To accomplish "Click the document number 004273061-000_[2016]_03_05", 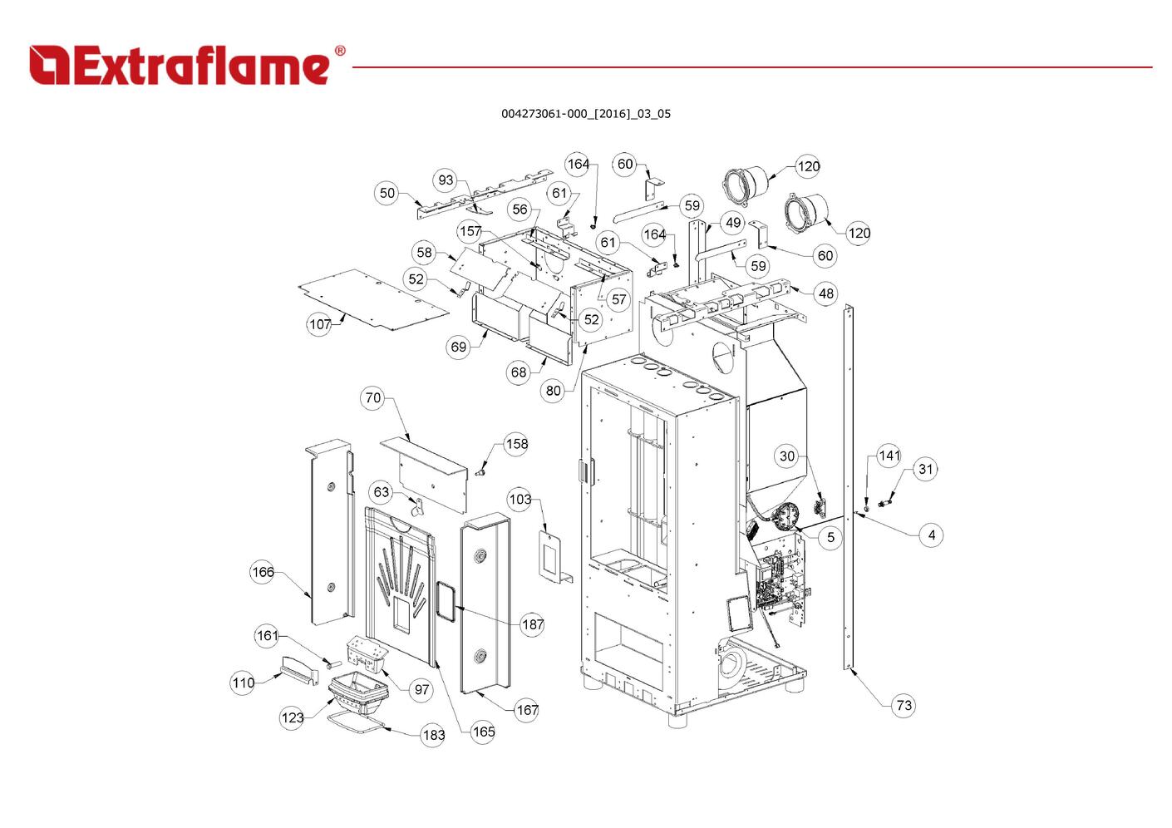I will (585, 114).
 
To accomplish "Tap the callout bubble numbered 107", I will (320, 324).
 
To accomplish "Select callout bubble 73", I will (904, 706).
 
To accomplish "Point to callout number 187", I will (533, 623).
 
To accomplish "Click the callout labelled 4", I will (931, 535).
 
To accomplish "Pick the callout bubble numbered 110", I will (243, 683).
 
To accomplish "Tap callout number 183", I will (433, 735).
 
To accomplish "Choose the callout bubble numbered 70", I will (373, 397).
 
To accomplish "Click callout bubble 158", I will (516, 444).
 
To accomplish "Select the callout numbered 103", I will (520, 499).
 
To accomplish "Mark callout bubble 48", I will (825, 293).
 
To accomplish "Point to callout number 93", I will (446, 180).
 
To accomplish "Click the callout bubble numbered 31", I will (925, 469).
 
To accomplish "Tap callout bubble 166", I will (263, 572).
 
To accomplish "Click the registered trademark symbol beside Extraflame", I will (339, 52).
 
